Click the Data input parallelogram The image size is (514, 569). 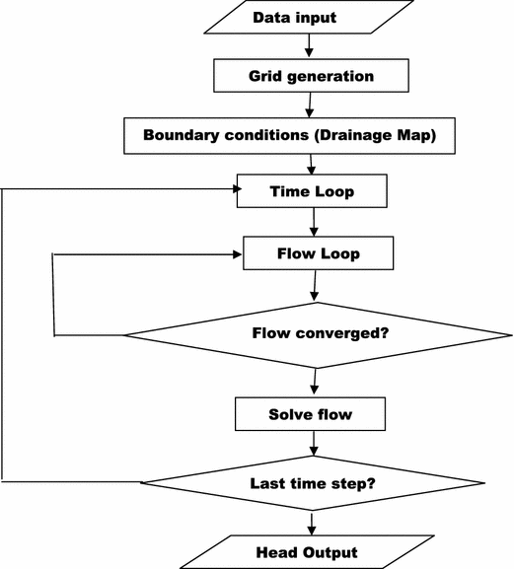(x=308, y=18)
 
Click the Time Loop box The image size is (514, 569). (x=312, y=191)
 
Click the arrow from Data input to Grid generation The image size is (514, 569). (x=309, y=45)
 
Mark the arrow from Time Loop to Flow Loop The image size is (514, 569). (x=314, y=222)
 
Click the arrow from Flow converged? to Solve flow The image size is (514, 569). (x=314, y=382)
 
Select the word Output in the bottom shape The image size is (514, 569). (x=332, y=551)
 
